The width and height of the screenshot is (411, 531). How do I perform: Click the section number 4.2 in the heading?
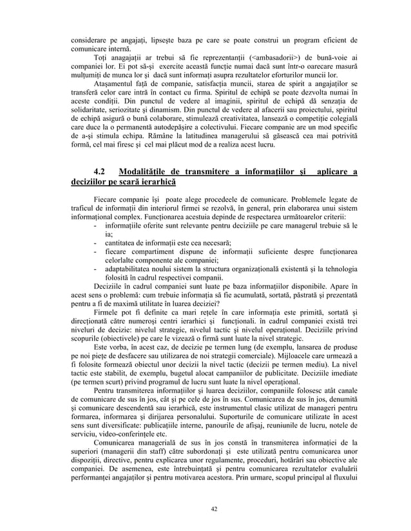click(102, 170)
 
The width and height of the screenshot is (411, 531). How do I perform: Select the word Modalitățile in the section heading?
click(150, 170)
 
